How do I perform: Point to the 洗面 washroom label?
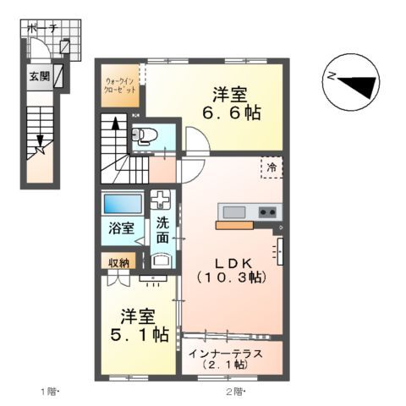point(162,231)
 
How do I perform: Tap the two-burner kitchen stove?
point(268,211)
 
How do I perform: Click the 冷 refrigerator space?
point(272,167)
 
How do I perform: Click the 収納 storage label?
point(118,262)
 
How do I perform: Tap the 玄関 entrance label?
point(39,76)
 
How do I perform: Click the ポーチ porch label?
point(42,30)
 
